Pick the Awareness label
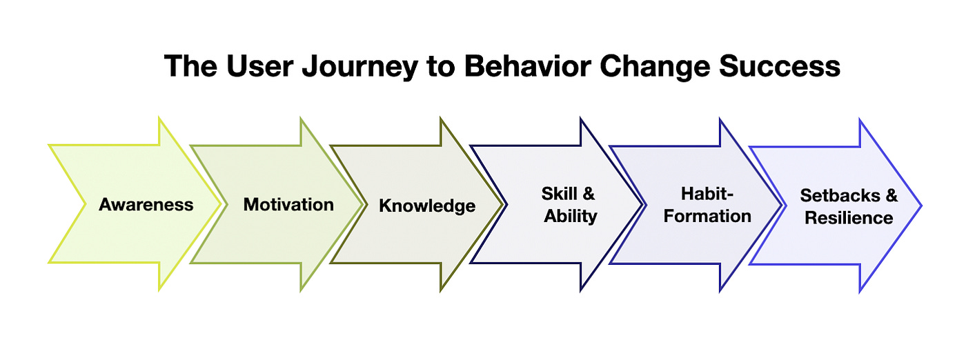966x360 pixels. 146,205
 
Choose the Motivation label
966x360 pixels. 288,205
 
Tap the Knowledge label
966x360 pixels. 427,206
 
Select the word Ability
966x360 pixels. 571,216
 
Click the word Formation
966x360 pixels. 708,216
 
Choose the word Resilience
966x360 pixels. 849,218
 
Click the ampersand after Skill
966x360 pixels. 589,194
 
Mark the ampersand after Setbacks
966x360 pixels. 891,195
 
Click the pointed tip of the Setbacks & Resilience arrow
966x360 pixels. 920,205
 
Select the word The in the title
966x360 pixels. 185,67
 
